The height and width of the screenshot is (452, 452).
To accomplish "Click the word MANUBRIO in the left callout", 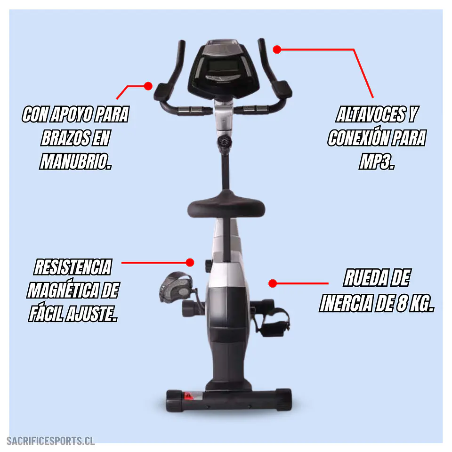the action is point(75,161).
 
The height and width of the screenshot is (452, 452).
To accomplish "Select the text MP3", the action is point(377,161).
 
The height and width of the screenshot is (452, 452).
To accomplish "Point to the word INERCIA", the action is point(342,303).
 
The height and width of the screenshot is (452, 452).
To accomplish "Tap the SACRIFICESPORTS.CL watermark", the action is point(50,441).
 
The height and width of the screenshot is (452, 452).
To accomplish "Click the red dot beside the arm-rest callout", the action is point(148,86).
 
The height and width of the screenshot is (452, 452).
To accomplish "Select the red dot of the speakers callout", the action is point(277,49).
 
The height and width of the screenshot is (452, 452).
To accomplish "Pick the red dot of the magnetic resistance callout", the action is point(190,262).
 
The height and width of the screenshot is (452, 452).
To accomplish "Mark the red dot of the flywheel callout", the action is point(273,283).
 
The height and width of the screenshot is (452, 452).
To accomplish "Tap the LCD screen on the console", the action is point(221,66).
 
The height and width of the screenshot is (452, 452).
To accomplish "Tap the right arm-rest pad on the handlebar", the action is point(282,89).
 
